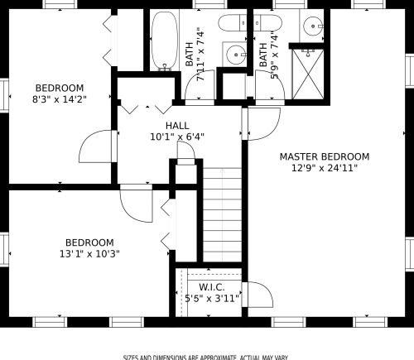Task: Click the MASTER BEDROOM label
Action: tap(325, 156)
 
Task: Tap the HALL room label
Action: tap(177, 126)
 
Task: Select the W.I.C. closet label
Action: tap(212, 287)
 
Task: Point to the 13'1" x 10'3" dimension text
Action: tap(89, 253)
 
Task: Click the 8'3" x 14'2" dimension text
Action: tap(60, 99)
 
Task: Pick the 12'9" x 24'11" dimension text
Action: tap(325, 168)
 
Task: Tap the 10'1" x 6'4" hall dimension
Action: tap(177, 137)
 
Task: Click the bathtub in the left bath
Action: tap(165, 41)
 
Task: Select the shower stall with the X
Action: tap(308, 74)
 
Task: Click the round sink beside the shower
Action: tap(313, 26)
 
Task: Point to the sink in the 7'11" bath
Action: tap(236, 55)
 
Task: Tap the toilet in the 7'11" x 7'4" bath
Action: tap(233, 23)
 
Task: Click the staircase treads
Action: tap(223, 214)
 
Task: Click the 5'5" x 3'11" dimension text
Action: tap(212, 298)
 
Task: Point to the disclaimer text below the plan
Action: tap(205, 358)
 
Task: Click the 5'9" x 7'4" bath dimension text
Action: tap(274, 57)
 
